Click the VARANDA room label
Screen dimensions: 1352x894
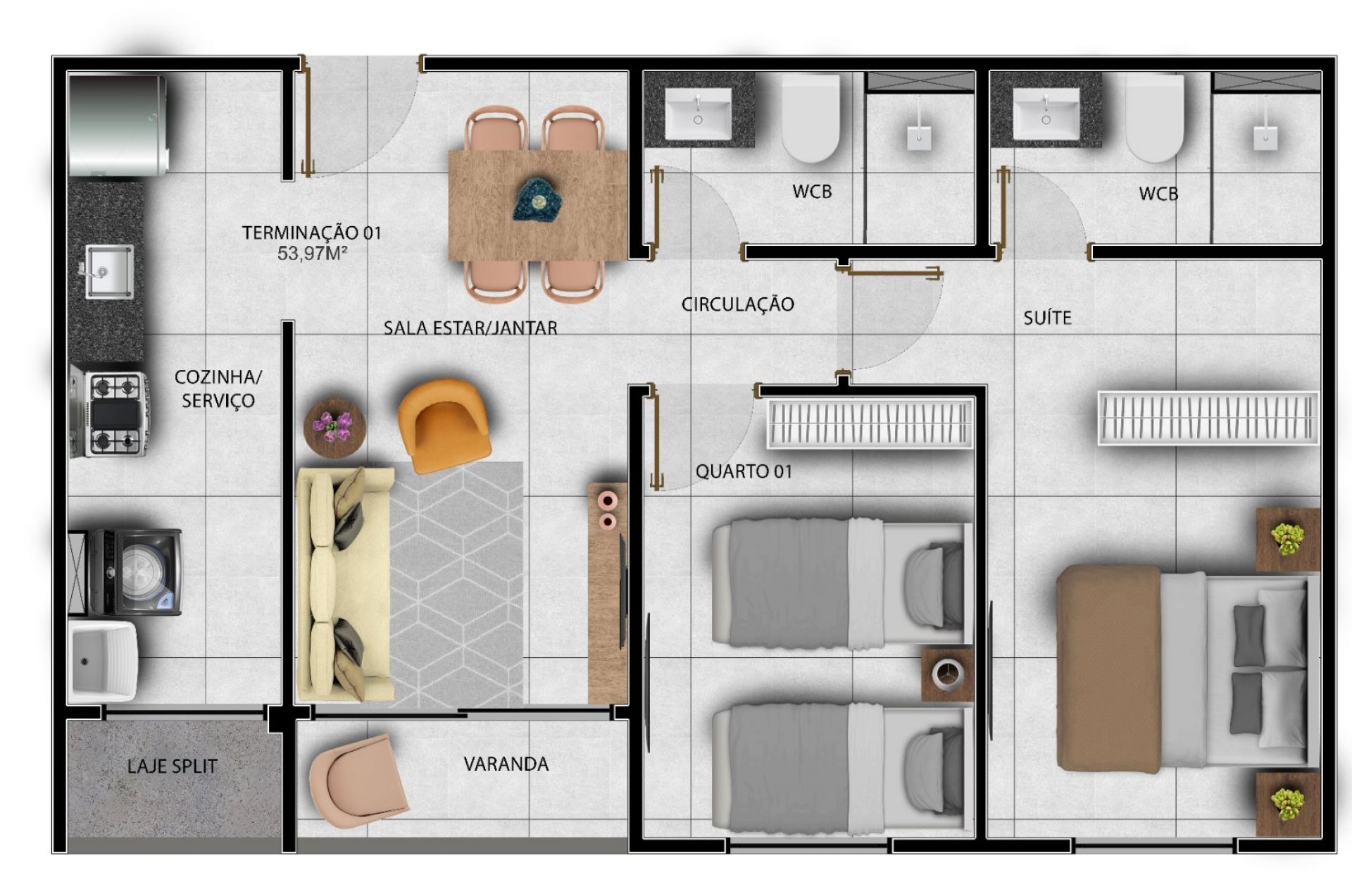coord(506,764)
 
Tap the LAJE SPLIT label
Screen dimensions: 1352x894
coord(173,766)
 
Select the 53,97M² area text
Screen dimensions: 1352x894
coord(312,253)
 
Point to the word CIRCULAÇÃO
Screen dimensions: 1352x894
coord(737,304)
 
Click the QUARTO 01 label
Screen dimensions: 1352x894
coord(744,471)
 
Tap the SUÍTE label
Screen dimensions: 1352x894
coord(1047,318)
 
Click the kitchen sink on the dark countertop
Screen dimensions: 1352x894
coord(108,271)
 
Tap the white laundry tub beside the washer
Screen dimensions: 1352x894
coord(103,660)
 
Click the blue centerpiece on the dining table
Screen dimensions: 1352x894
coord(538,199)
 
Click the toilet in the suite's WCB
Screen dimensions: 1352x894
coord(1154,118)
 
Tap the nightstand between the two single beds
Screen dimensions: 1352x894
coord(947,675)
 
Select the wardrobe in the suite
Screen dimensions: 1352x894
coord(1208,418)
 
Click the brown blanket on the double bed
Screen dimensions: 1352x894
coord(1108,668)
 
